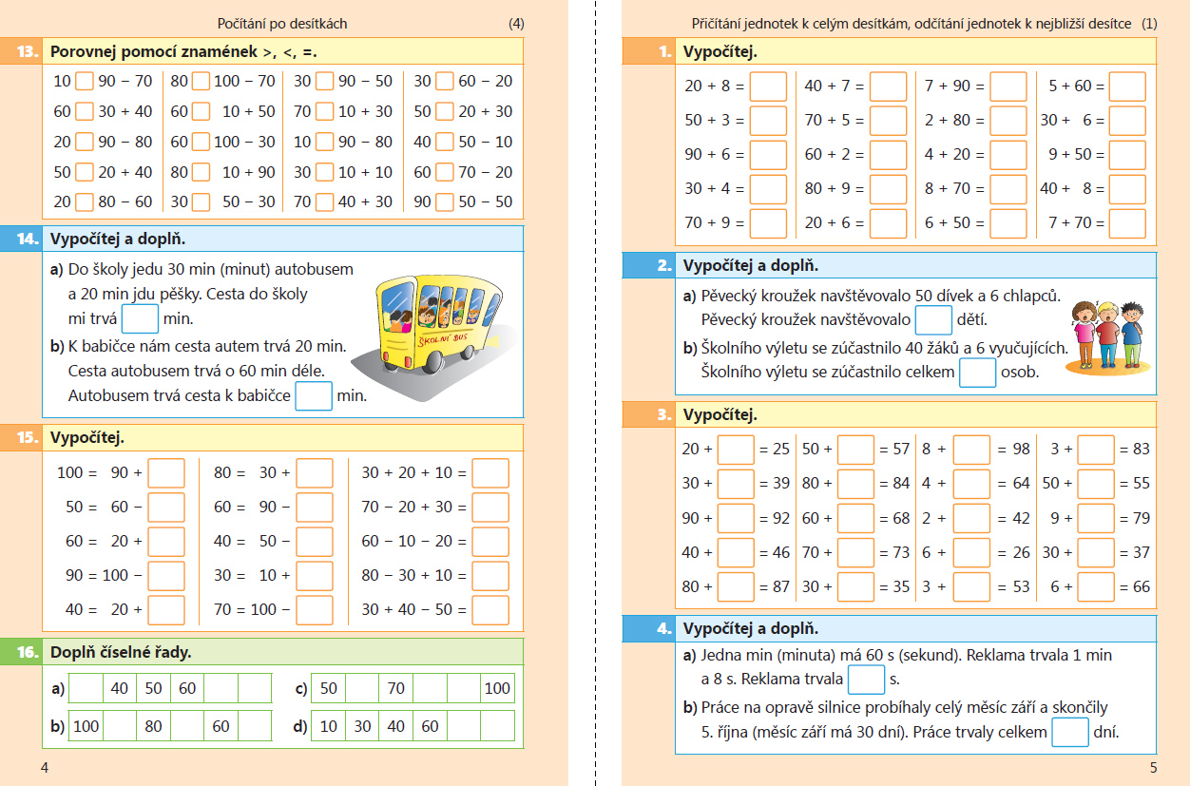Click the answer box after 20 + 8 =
tap(768, 86)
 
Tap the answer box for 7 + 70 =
tap(1127, 223)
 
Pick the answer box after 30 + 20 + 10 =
tap(490, 472)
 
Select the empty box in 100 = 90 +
tap(166, 472)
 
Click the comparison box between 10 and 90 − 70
tap(85, 81)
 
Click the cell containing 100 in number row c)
tap(497, 688)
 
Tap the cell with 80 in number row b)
tap(154, 726)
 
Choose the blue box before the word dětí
tap(933, 318)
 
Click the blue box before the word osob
tap(977, 372)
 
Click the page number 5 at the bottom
tap(1153, 767)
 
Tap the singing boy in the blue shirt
tap(1131, 333)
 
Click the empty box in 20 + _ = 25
tap(736, 449)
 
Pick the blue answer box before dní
tap(1071, 732)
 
